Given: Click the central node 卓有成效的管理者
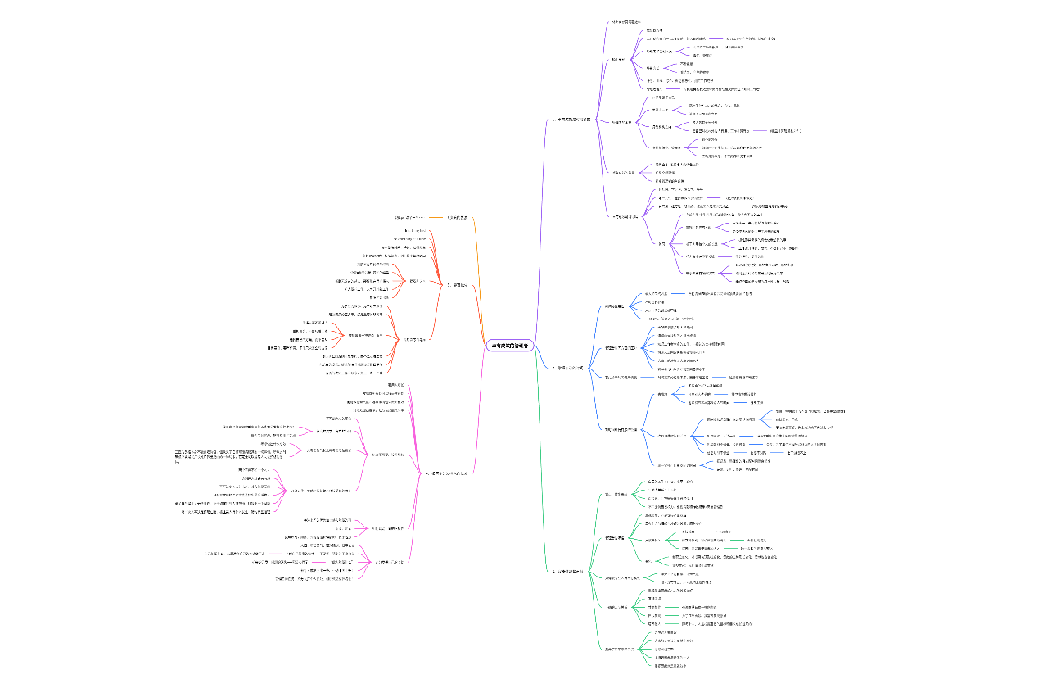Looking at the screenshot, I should click(x=508, y=346).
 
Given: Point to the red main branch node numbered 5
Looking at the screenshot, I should click(x=457, y=285).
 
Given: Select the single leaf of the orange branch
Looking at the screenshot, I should click(x=409, y=217).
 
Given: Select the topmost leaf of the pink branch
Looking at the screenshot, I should click(x=395, y=384).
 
